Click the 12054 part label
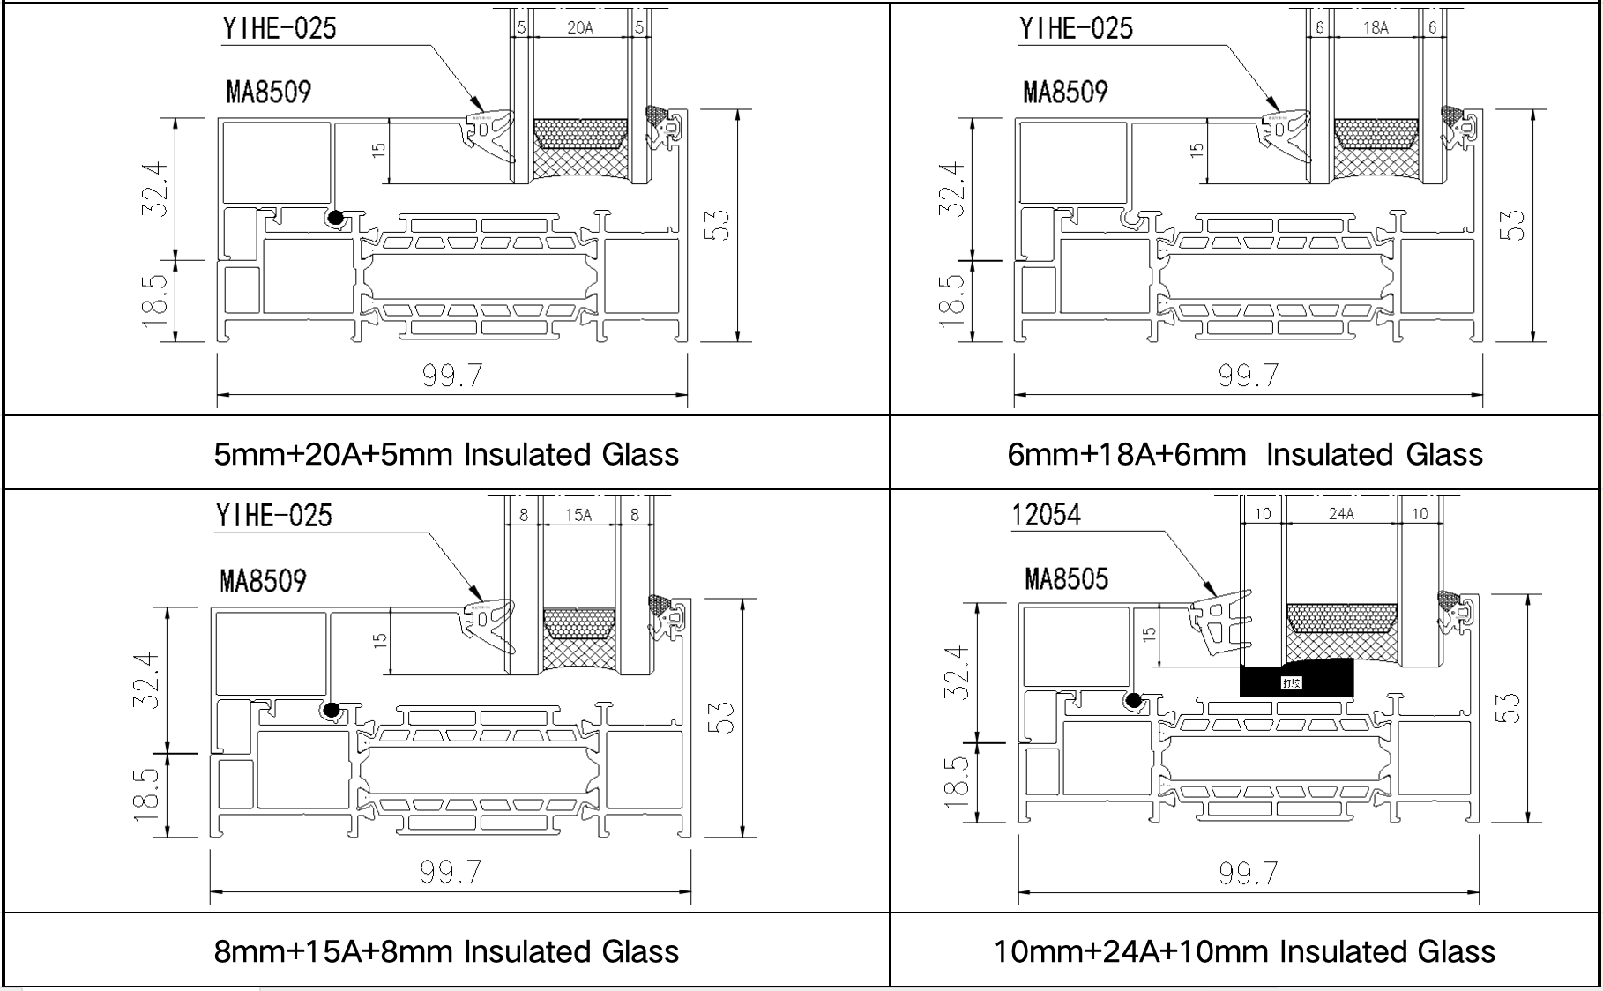click(x=1046, y=514)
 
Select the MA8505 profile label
click(x=1066, y=579)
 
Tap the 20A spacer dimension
click(x=579, y=27)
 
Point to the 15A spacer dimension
click(x=578, y=515)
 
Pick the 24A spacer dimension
click(x=1340, y=514)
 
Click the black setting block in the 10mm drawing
click(x=1295, y=679)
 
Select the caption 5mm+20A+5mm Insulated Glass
click(x=446, y=454)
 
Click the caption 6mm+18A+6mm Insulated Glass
click(x=1244, y=454)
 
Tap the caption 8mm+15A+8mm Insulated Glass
click(x=446, y=951)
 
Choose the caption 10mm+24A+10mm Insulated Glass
click(x=1244, y=951)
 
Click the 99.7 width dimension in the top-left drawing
click(x=451, y=376)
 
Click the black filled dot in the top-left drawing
click(x=335, y=218)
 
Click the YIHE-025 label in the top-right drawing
click(x=1076, y=28)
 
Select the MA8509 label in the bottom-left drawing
click(x=263, y=581)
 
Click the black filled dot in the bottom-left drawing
click(x=332, y=710)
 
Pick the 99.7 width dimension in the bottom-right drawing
click(x=1248, y=873)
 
